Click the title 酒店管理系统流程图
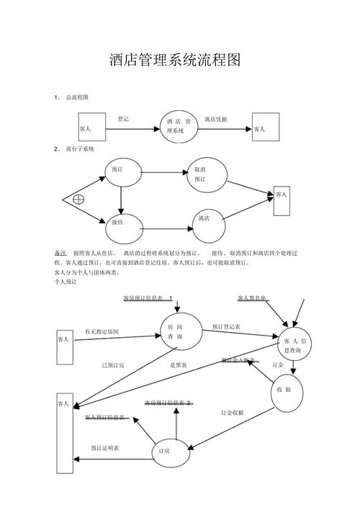click(x=174, y=60)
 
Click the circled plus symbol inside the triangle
click(x=78, y=198)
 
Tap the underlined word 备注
click(x=60, y=254)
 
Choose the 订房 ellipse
click(x=165, y=452)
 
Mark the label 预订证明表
click(x=105, y=448)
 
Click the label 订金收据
click(x=232, y=413)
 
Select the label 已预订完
click(x=112, y=366)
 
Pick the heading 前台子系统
click(x=80, y=148)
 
